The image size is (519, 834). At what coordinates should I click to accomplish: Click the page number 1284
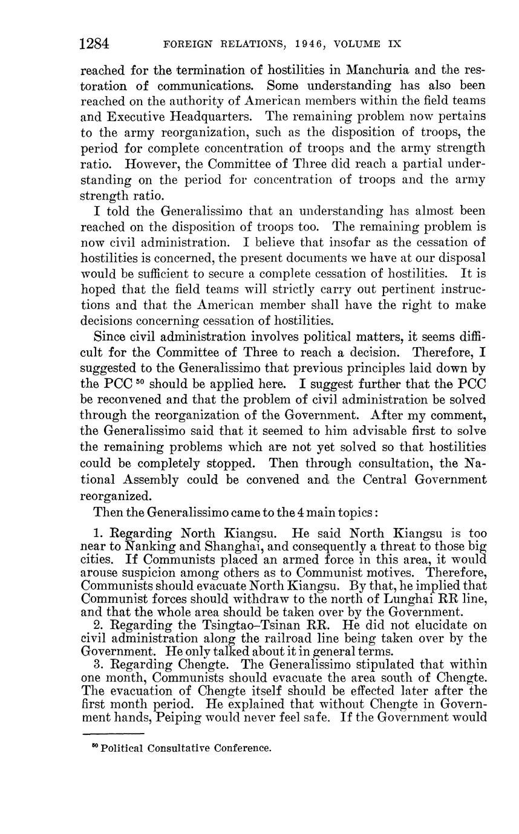click(94, 44)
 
